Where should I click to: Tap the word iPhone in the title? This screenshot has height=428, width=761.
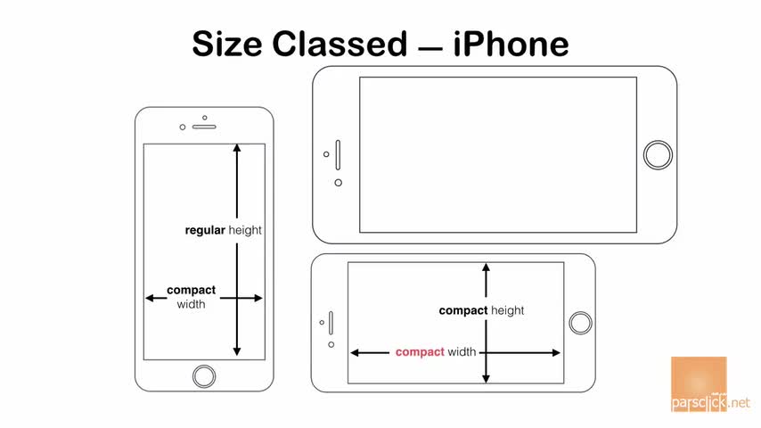pos(510,43)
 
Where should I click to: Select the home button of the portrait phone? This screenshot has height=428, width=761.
pos(204,374)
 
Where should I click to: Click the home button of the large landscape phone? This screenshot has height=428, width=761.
pos(658,153)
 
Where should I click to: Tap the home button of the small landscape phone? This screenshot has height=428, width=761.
pos(580,323)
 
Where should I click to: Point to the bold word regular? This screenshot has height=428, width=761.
pos(205,230)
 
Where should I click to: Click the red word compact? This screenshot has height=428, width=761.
pos(420,352)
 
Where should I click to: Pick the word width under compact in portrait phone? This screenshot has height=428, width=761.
pos(191,304)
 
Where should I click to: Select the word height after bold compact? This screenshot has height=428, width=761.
pos(508,310)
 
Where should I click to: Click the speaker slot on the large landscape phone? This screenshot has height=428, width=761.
pos(338,153)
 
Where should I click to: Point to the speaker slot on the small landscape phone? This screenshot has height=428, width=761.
pos(331,323)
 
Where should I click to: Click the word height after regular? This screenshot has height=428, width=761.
pos(245,230)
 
